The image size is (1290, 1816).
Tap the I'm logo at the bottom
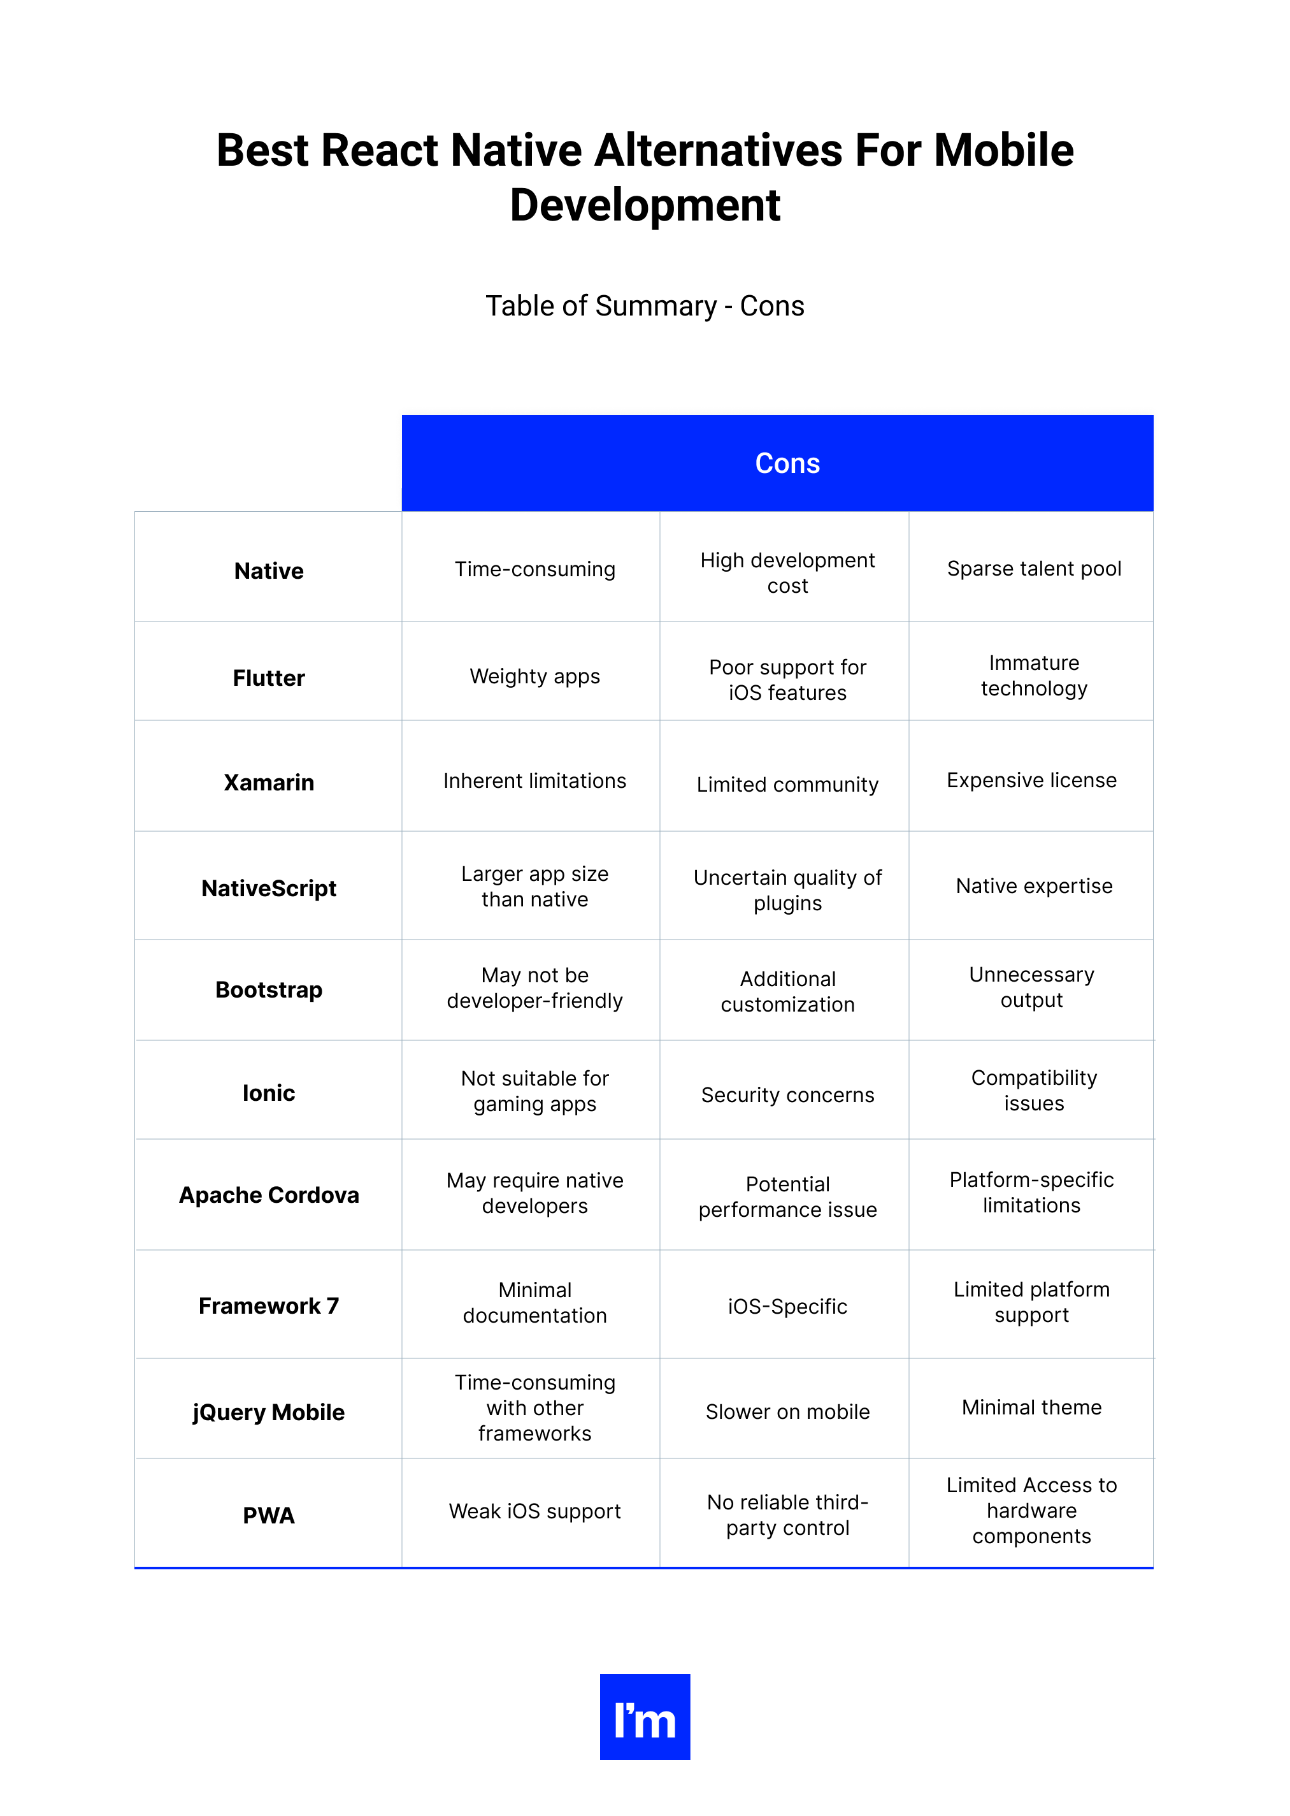644,1716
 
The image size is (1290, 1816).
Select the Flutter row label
268,678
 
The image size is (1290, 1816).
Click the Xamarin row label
268,782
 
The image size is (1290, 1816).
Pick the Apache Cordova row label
268,1195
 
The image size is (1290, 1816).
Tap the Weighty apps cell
534,676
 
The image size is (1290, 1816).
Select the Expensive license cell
1031,780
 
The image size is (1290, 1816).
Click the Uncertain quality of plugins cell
787,890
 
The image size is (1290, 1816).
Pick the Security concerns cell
787,1094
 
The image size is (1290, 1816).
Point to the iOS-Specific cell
787,1306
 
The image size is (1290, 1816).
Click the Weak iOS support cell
534,1511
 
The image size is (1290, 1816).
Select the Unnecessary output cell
1031,987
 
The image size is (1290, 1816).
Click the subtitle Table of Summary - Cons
645,306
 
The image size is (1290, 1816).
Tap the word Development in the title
645,205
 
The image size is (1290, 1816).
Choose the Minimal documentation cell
534,1303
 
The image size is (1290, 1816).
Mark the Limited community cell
787,785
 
